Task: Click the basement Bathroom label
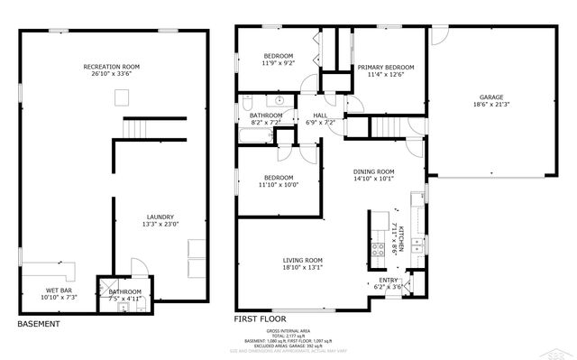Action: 124,291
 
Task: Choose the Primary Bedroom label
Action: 385,67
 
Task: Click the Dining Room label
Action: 373,171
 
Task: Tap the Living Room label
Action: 302,260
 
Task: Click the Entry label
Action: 388,280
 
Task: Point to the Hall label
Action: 320,115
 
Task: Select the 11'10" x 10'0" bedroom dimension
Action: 279,184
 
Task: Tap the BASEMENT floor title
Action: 39,323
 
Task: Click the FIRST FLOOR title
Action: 261,319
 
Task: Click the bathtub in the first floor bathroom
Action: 256,137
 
